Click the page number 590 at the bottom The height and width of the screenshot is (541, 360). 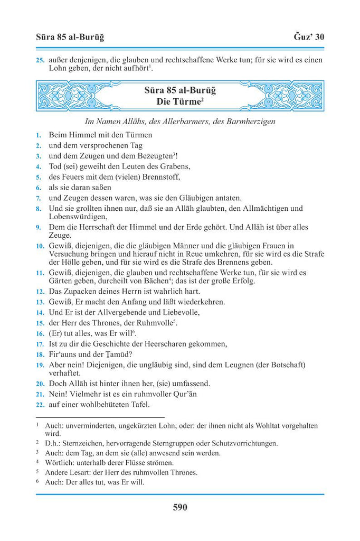tap(180, 508)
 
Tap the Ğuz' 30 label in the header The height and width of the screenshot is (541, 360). tap(308, 37)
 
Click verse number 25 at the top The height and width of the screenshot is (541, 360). tap(40, 60)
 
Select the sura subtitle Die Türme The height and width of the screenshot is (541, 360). tap(179, 101)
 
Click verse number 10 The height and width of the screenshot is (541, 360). tap(40, 246)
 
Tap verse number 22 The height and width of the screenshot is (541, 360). tap(40, 405)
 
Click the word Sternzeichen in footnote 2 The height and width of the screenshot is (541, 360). tap(81, 443)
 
